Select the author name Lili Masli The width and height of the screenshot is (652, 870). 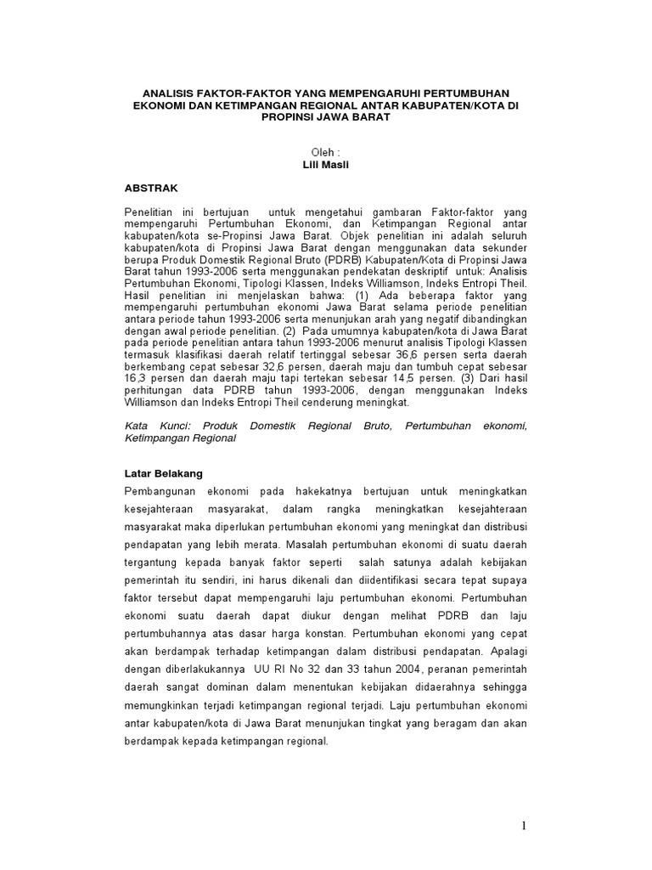[326, 164]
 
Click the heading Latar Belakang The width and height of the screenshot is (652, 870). [164, 472]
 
